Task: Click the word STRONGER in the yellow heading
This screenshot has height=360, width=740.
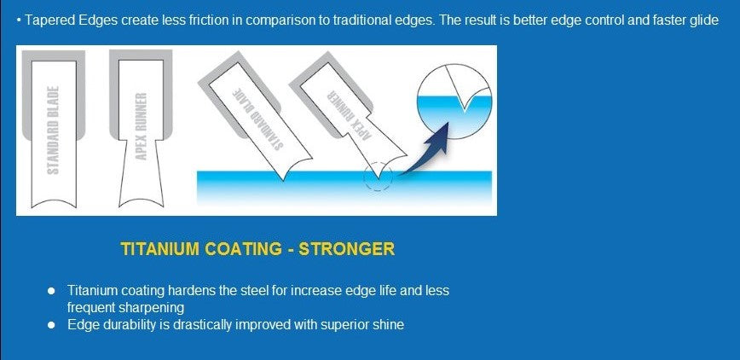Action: (x=347, y=249)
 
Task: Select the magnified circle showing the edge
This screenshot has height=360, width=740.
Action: (x=454, y=102)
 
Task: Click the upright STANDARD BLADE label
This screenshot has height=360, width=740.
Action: (x=54, y=130)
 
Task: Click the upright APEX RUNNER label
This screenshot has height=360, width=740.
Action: (x=142, y=126)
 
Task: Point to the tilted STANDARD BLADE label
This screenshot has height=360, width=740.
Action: (x=258, y=118)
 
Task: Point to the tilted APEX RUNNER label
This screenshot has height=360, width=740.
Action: (x=350, y=115)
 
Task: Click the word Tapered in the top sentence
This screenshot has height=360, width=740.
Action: (x=47, y=20)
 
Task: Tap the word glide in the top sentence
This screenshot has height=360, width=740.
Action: (x=704, y=20)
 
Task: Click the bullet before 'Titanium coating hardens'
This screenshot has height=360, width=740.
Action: (x=51, y=290)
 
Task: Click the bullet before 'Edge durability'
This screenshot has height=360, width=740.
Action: (x=51, y=325)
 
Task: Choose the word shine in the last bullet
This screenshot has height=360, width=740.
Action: (x=390, y=325)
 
